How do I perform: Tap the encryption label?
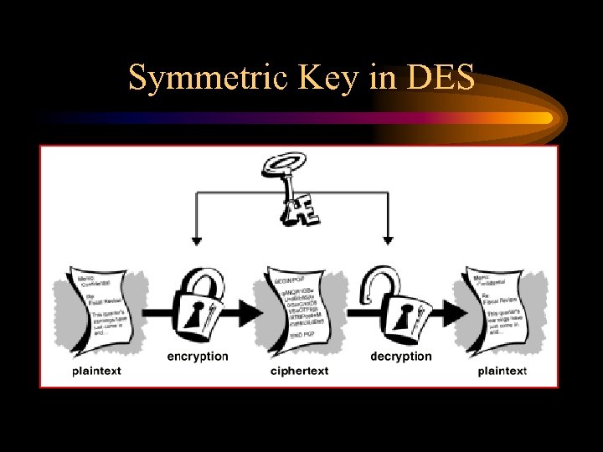[198, 356]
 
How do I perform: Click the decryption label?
[401, 356]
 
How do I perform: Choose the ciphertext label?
[300, 370]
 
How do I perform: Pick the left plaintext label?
[96, 370]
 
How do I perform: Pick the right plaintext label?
[502, 370]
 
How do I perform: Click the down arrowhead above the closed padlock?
[196, 241]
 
